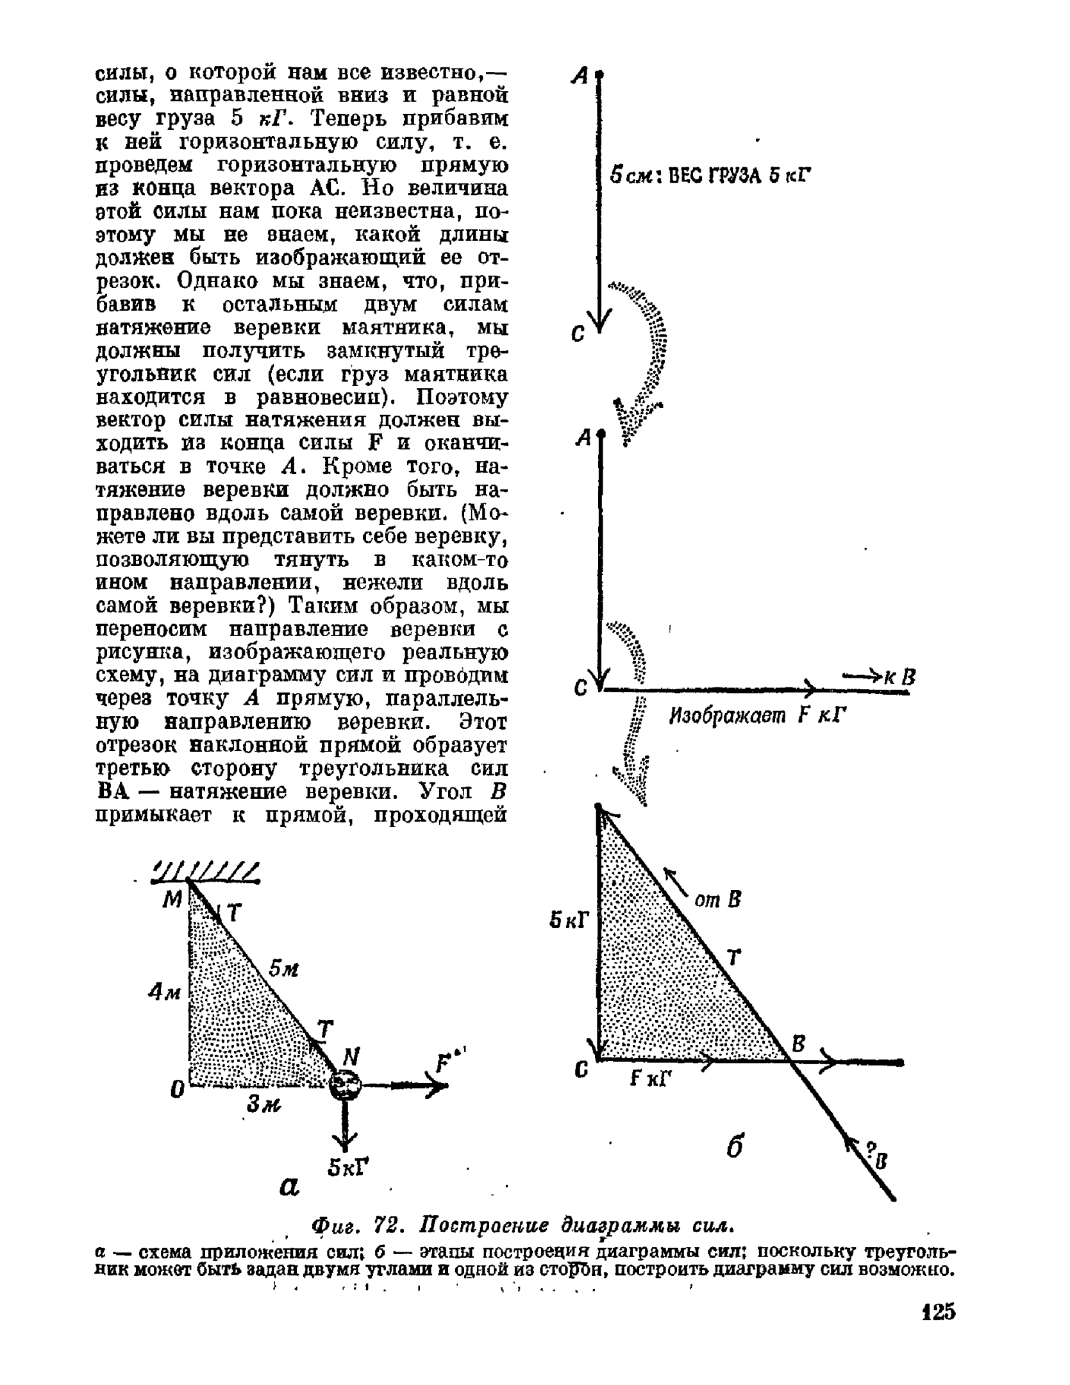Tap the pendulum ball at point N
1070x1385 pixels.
pos(344,1085)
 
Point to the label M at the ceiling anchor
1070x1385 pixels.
pos(172,901)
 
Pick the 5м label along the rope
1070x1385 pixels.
pos(283,969)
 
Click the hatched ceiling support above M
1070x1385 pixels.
pos(205,872)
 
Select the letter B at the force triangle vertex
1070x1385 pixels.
pos(798,1045)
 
